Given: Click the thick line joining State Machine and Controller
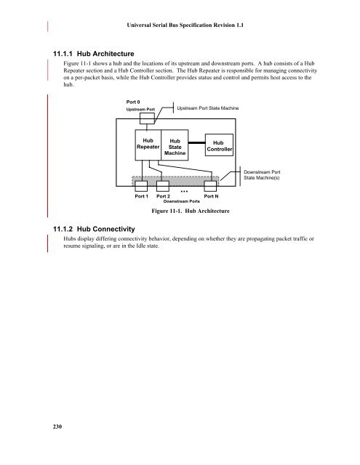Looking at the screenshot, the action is coord(197,142).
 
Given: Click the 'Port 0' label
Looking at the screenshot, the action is coord(133,102).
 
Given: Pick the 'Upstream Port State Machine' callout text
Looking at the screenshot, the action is coord(208,108).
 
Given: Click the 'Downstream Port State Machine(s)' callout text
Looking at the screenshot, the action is coord(262,175).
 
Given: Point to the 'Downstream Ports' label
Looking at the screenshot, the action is coord(181,201).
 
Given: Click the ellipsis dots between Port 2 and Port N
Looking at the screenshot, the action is coord(184,191).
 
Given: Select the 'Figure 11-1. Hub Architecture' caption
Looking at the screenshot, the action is coord(191,211).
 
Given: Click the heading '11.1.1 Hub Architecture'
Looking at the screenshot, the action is coord(94,54).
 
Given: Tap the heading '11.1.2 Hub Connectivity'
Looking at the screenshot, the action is coord(94,229).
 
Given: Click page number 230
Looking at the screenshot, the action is coord(57,426).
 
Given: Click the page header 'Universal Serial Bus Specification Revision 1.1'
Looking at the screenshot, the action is coord(185,25).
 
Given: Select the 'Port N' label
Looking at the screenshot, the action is coord(211,196).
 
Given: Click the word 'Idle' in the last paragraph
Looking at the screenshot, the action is coord(141,246).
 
